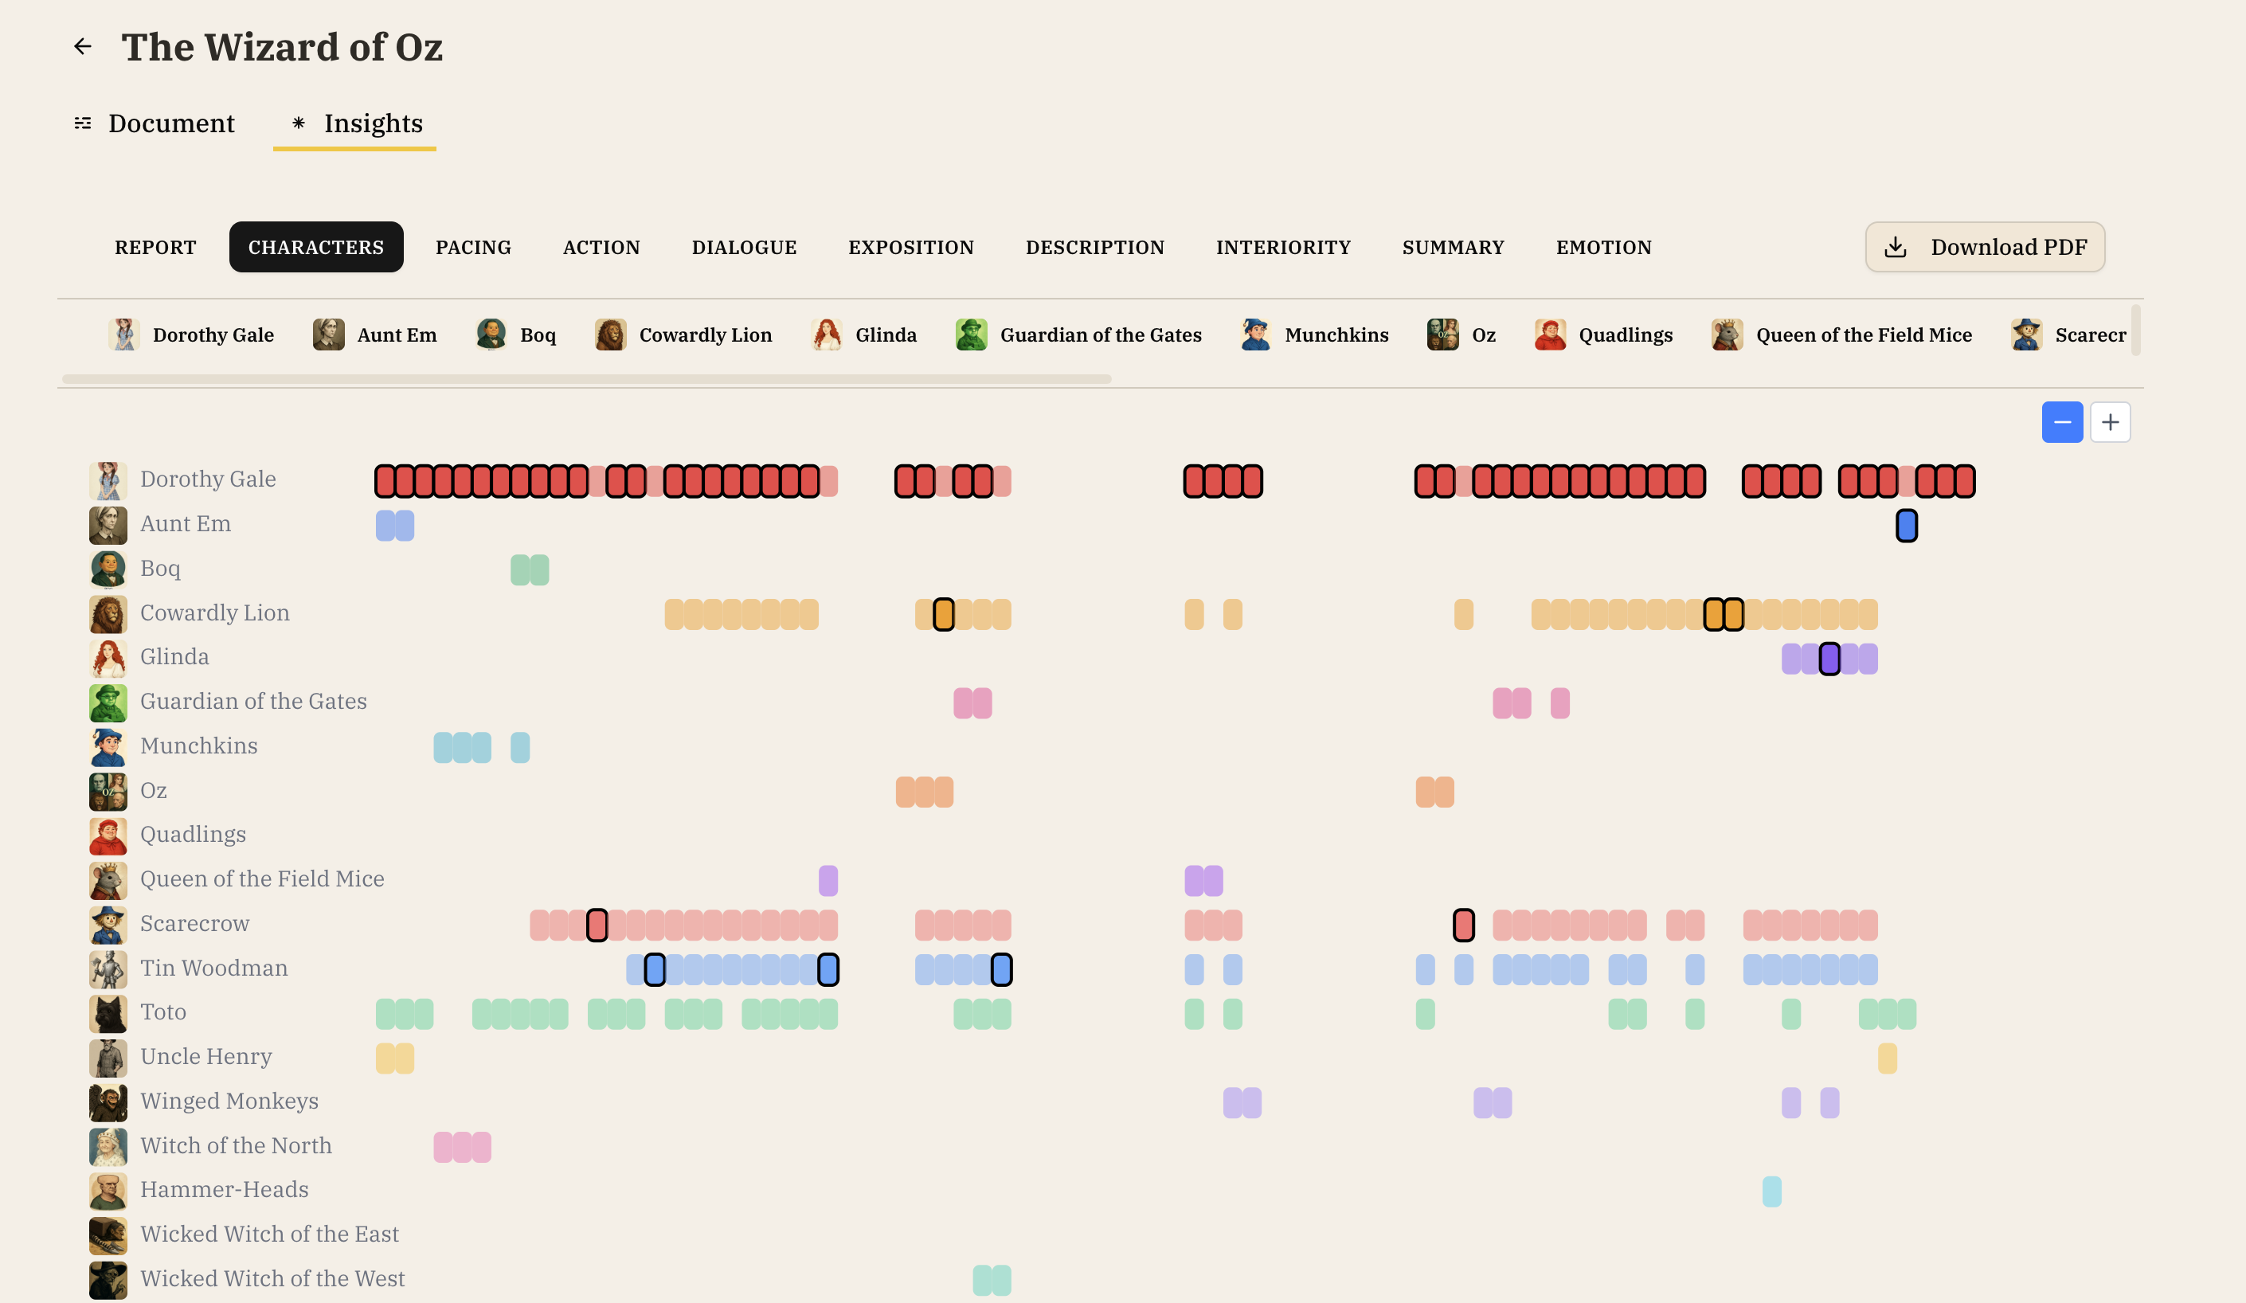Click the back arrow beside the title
(83, 46)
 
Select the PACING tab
(472, 247)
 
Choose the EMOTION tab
(1602, 247)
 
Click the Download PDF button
(1984, 247)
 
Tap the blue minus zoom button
(2060, 422)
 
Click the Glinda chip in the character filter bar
(863, 335)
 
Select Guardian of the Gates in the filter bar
(1078, 335)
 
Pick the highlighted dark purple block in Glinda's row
(1829, 659)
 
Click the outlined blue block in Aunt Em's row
(1906, 526)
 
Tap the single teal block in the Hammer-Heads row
(1771, 1191)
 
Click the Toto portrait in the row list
(108, 1013)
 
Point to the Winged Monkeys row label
(229, 1101)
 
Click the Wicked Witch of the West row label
(272, 1278)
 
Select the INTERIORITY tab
(1282, 247)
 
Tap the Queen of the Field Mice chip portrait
(1727, 335)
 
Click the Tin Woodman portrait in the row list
(108, 968)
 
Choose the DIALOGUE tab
(743, 247)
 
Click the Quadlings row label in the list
(193, 834)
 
